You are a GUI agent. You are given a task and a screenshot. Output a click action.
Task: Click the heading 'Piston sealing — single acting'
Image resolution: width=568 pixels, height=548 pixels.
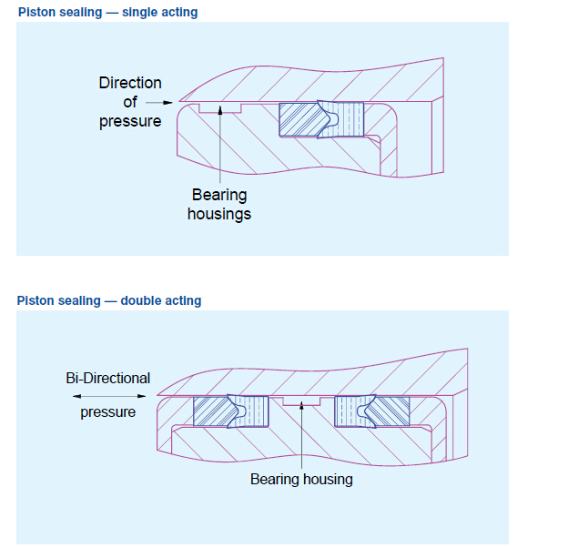[107, 13]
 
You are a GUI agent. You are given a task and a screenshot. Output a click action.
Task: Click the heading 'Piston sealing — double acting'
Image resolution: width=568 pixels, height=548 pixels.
[109, 300]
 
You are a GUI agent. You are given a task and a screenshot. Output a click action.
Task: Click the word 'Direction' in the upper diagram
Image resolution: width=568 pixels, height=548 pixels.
[130, 83]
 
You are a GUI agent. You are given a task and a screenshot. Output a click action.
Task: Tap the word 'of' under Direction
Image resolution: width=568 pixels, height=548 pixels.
[130, 102]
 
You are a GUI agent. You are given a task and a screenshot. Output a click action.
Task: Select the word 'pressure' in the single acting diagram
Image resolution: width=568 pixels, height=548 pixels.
[130, 121]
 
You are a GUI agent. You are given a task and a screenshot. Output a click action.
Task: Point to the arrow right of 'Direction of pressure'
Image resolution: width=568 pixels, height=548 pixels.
[160, 103]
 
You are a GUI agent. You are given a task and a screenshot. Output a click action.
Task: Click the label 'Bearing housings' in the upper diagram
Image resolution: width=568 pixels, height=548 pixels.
[219, 204]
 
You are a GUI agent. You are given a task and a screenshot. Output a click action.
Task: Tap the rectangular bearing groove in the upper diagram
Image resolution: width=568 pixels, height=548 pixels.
[220, 108]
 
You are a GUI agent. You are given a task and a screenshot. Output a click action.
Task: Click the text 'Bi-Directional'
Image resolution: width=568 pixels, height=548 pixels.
[108, 378]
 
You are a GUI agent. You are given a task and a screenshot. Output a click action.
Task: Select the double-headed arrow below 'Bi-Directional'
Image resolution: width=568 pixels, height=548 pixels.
[108, 397]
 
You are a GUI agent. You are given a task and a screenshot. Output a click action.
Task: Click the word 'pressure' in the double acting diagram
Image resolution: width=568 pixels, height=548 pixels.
[108, 412]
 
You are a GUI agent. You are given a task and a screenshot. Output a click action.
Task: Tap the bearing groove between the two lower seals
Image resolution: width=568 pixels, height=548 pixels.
[300, 401]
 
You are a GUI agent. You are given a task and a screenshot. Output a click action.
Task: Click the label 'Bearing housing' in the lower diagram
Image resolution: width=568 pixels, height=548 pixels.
[301, 479]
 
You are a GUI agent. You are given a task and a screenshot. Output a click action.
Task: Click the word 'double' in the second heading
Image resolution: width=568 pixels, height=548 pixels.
[140, 300]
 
